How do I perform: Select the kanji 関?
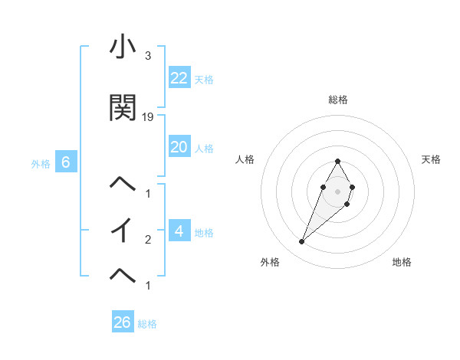click(x=123, y=108)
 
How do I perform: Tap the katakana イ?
click(x=123, y=230)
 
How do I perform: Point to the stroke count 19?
click(x=148, y=117)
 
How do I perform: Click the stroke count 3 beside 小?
click(x=147, y=57)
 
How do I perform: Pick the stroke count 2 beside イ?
click(x=147, y=240)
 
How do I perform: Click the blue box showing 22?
click(x=179, y=78)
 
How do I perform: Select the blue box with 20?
click(x=179, y=147)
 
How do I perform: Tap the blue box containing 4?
click(x=179, y=231)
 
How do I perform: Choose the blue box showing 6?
click(x=66, y=162)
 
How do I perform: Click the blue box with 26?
click(x=122, y=322)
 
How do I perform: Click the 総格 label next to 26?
click(x=148, y=324)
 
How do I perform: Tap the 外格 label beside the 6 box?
click(x=41, y=164)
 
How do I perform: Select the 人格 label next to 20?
click(x=204, y=149)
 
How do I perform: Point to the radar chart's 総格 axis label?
click(x=337, y=100)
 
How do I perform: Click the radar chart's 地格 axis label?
click(x=402, y=262)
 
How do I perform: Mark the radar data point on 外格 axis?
click(x=302, y=242)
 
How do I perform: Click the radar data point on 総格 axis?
click(x=337, y=161)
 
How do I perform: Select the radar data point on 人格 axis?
click(x=323, y=187)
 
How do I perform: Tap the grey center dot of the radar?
click(x=337, y=191)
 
